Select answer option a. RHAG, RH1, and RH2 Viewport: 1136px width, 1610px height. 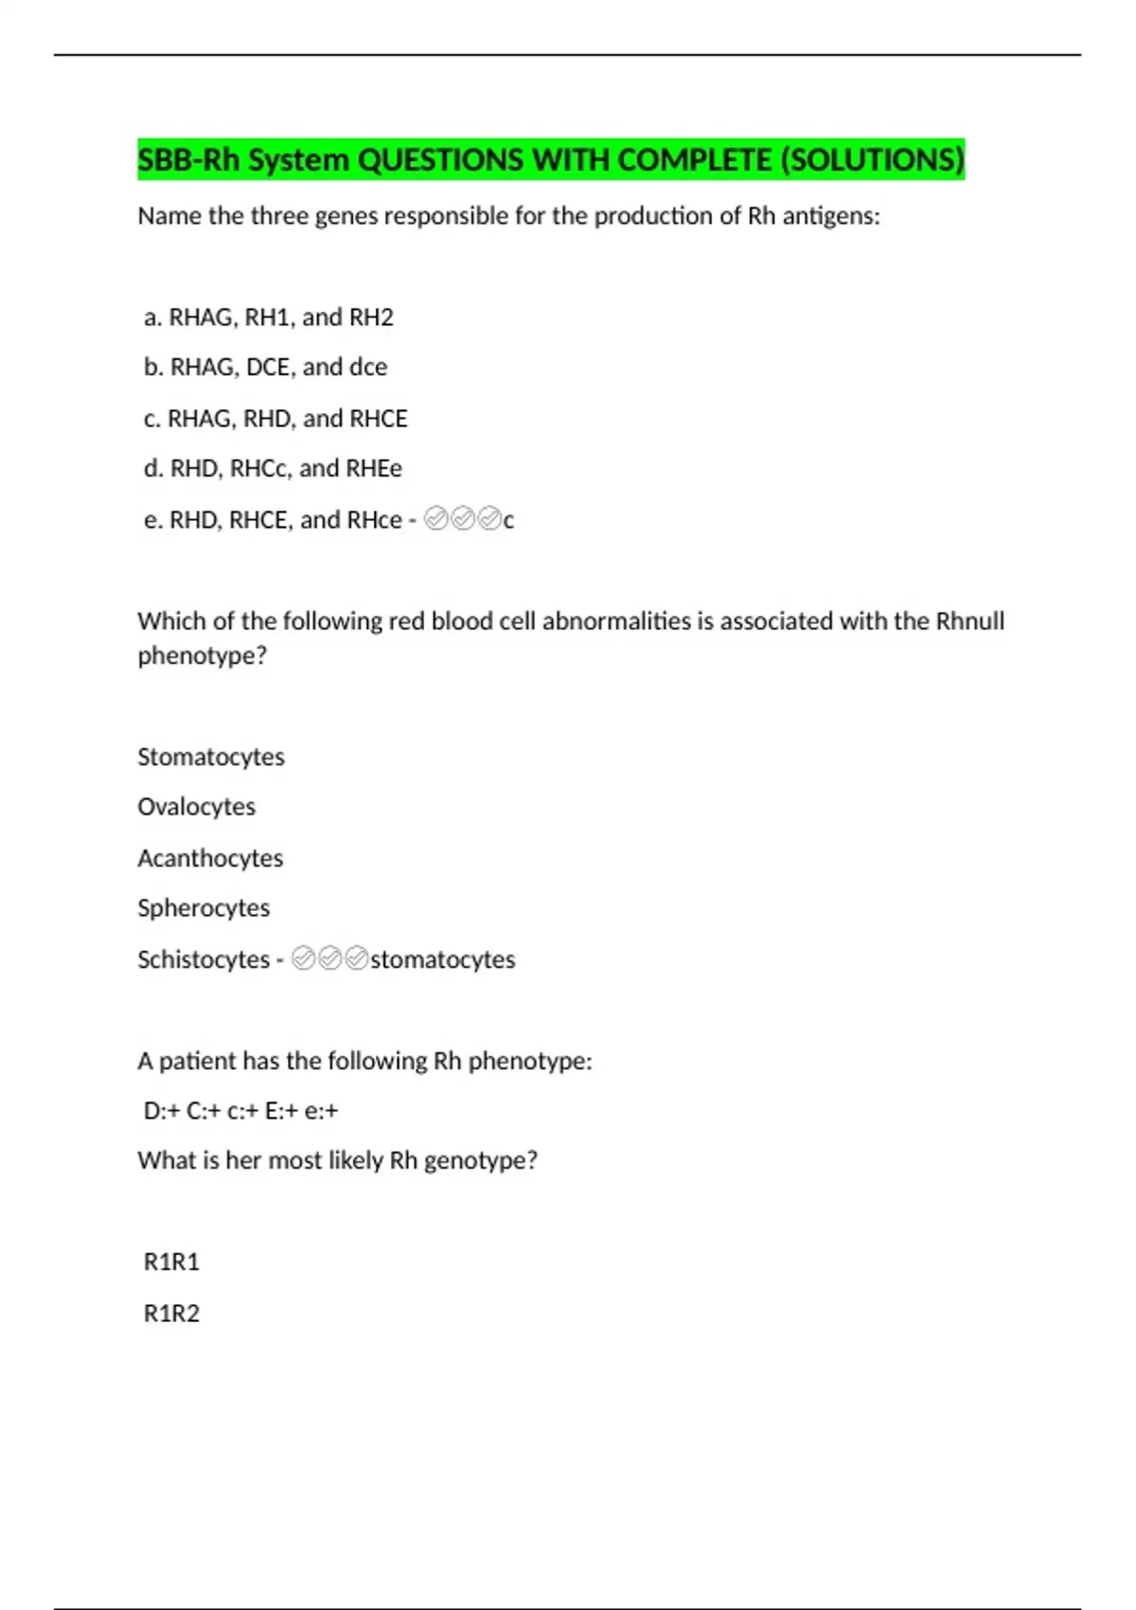[x=268, y=317]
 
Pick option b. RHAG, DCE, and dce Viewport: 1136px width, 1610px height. [x=265, y=367]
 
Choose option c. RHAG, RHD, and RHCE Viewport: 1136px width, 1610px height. [x=275, y=419]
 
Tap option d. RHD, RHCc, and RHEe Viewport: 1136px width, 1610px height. [x=273, y=468]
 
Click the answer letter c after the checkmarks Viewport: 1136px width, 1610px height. [x=509, y=520]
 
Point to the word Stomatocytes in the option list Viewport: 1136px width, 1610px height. [x=210, y=757]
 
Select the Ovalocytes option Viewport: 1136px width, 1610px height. [x=196, y=807]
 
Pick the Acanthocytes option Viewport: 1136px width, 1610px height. [x=210, y=858]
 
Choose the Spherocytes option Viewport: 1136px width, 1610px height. [x=204, y=908]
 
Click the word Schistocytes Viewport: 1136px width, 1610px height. [x=204, y=959]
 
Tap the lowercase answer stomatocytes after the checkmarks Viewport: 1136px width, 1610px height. [x=442, y=959]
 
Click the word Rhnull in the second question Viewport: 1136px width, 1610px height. [x=969, y=621]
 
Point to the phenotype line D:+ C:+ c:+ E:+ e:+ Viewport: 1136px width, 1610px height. [x=240, y=1111]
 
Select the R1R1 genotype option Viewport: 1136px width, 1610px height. [x=171, y=1261]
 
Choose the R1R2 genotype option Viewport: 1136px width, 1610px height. [x=171, y=1314]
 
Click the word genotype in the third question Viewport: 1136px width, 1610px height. [x=480, y=1161]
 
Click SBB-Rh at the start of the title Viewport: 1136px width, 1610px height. [x=188, y=160]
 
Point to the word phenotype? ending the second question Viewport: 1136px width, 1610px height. [x=202, y=655]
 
